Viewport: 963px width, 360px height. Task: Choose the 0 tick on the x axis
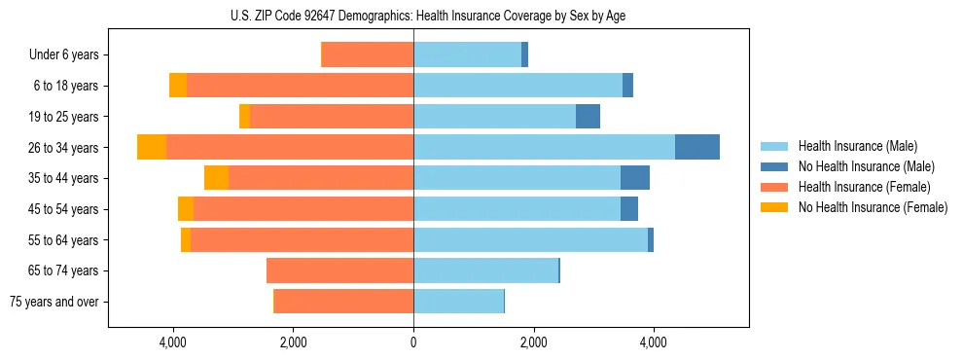tap(413, 342)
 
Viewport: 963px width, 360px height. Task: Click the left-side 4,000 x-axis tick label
tap(173, 342)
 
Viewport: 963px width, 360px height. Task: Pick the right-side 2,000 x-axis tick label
tap(533, 342)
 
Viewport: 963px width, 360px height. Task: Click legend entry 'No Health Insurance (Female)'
tap(873, 207)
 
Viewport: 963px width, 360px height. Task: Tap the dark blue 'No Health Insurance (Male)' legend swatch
tap(774, 166)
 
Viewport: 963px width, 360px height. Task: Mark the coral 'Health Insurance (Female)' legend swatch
tap(774, 187)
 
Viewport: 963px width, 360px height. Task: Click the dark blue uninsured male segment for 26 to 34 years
tap(697, 147)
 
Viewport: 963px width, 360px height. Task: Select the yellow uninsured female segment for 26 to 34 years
tap(152, 147)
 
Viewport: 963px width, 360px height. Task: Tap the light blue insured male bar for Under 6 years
tap(467, 54)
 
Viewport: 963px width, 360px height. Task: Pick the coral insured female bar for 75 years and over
tap(344, 302)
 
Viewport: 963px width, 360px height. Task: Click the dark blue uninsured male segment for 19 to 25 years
tap(588, 117)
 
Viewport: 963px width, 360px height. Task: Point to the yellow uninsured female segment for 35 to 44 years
tap(216, 178)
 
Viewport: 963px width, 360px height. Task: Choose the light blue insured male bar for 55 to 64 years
tap(530, 239)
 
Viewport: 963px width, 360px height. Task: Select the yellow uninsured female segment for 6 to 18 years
tap(178, 86)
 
